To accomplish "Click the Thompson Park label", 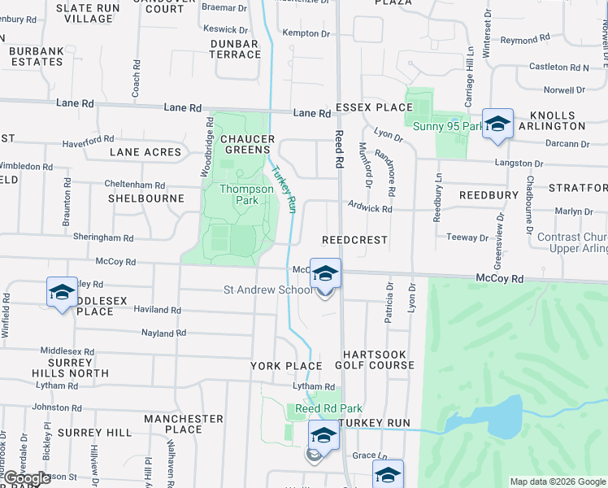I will (x=247, y=194).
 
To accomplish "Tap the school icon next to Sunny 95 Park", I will (x=497, y=124).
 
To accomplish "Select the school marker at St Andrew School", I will (x=325, y=275).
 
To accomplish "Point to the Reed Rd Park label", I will (x=328, y=408).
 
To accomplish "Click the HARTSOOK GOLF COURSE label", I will (x=378, y=359).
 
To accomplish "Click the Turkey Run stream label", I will (x=284, y=190).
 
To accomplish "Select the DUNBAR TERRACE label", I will (x=234, y=48).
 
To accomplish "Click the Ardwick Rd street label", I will (x=370, y=208).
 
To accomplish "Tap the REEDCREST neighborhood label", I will (x=354, y=241).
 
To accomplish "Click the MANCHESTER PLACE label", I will (x=183, y=424).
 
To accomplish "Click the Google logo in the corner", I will (x=27, y=479).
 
